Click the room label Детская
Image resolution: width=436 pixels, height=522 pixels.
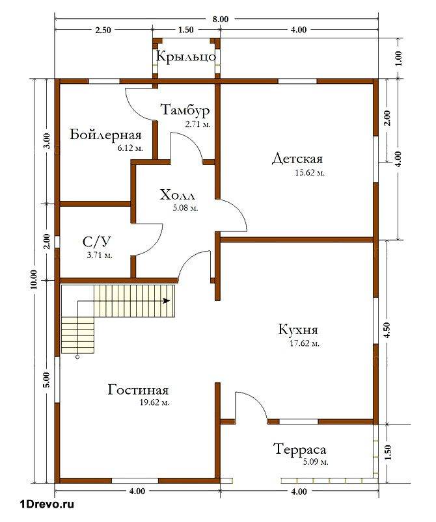(297, 159)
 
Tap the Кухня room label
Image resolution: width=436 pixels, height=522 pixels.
(298, 330)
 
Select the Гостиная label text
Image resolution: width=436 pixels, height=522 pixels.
(139, 389)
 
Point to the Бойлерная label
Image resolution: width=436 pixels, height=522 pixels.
(105, 135)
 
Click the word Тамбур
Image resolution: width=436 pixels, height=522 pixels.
(185, 109)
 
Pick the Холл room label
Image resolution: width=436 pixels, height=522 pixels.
(178, 195)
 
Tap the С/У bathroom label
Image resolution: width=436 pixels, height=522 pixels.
(97, 242)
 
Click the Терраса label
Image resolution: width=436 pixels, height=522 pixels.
(299, 449)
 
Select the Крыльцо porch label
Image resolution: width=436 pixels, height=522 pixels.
(186, 57)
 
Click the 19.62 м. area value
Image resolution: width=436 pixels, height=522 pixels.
(155, 402)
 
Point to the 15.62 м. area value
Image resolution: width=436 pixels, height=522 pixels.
(310, 173)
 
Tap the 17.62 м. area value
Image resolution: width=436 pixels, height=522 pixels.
(305, 344)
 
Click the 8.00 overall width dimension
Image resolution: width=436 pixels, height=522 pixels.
(221, 20)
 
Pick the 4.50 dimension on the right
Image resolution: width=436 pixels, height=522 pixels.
(387, 330)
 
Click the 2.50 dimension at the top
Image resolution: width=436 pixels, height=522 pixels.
(103, 30)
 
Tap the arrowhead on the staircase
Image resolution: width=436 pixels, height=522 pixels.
(167, 301)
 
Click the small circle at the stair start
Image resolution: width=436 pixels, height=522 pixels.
(77, 358)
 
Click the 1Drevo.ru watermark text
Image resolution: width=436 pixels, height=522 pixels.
(47, 504)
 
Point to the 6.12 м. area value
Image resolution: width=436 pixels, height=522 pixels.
(130, 148)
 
